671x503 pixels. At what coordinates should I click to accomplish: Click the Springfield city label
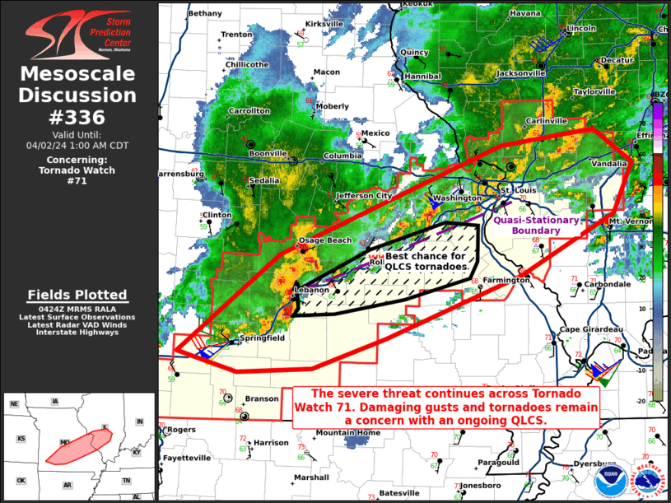point(262,338)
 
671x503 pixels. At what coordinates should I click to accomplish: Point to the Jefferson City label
point(363,196)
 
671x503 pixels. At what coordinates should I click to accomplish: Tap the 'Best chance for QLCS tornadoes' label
point(427,262)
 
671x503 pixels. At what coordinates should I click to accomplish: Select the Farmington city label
point(506,281)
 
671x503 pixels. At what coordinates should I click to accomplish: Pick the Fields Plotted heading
point(77,295)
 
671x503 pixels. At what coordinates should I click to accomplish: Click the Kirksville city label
point(324,25)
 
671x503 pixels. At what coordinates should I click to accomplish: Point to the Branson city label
point(263,398)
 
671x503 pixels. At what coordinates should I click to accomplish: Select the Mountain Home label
point(348,433)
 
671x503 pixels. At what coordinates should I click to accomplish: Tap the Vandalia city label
point(608,164)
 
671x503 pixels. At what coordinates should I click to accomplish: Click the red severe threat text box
point(445,407)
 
